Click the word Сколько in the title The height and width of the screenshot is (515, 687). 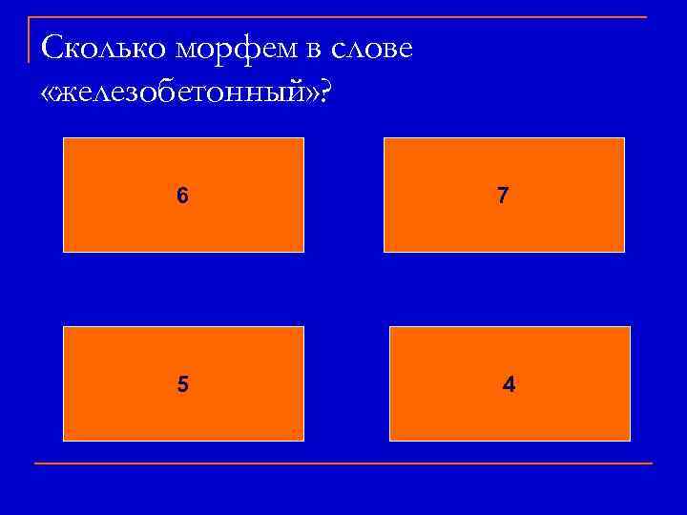pos(99,48)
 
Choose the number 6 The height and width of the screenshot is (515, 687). pos(182,196)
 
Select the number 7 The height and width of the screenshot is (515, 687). pos(503,196)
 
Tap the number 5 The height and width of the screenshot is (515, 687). pos(182,384)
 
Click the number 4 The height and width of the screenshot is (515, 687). pos(510,384)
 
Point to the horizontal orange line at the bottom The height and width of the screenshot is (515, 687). pos(343,463)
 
